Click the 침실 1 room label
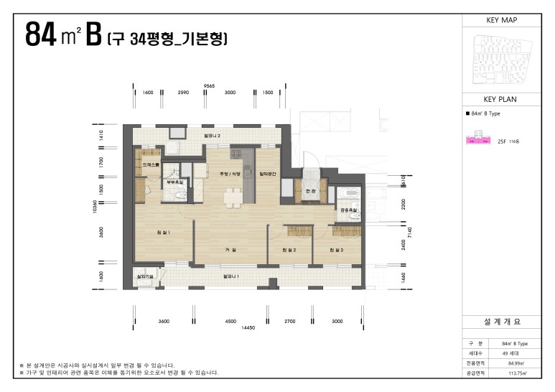163,232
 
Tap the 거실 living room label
230,249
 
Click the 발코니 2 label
212,135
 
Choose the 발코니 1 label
231,275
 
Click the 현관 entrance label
311,192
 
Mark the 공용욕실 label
348,210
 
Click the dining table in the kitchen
231,195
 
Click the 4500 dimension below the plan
230,322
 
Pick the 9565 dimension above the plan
210,85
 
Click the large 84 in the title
42,35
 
